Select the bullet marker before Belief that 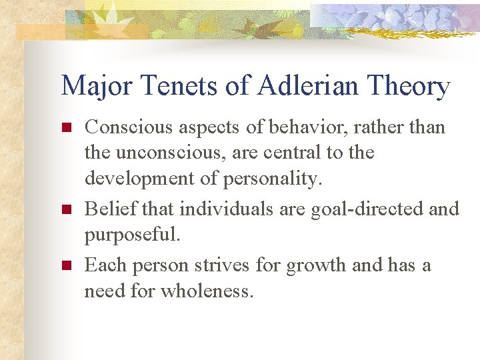(x=65, y=209)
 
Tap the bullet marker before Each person (x=65, y=265)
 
